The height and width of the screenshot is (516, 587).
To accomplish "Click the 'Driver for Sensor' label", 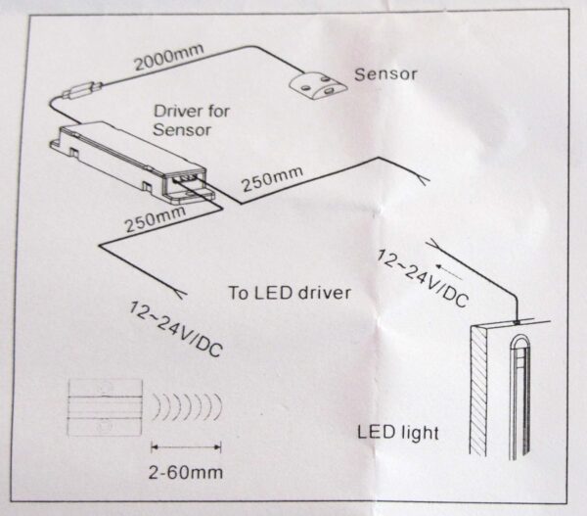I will tap(192, 119).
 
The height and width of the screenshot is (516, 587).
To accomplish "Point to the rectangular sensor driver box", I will tap(127, 156).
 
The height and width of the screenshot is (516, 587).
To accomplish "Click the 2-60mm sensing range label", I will tap(185, 473).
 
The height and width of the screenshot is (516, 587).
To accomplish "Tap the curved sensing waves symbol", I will tap(185, 404).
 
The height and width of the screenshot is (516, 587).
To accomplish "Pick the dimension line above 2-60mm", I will tap(185, 446).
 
